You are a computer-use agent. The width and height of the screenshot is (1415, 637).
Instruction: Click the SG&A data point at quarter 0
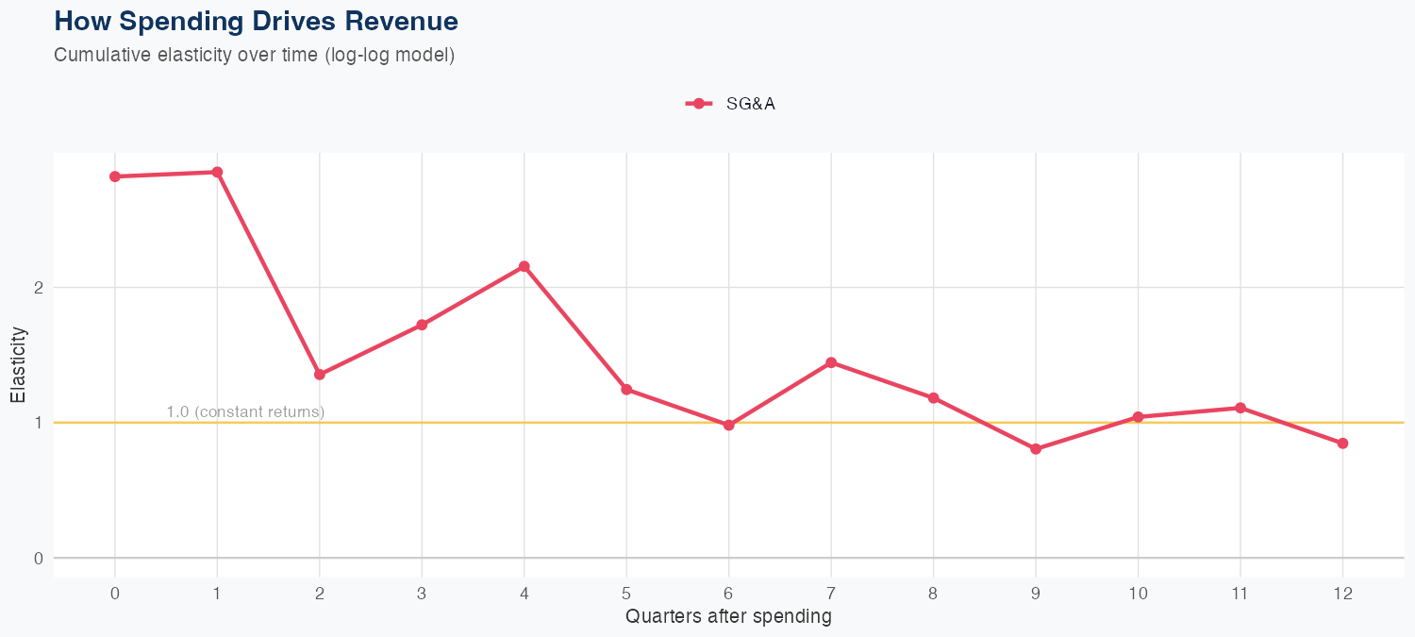click(x=115, y=176)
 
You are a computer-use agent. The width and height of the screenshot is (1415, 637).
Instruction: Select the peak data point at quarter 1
click(x=217, y=172)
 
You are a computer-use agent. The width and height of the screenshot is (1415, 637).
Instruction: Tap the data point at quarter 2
click(x=320, y=375)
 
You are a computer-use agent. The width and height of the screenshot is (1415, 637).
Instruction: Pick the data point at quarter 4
click(x=524, y=266)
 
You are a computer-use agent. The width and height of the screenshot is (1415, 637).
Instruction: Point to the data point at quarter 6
click(x=729, y=426)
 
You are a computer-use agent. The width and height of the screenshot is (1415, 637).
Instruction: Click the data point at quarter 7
click(x=831, y=362)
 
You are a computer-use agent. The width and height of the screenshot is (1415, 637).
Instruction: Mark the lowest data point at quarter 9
click(x=1036, y=449)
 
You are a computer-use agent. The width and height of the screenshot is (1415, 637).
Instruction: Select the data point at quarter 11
click(x=1240, y=408)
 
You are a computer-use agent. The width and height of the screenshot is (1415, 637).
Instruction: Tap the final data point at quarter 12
click(x=1342, y=444)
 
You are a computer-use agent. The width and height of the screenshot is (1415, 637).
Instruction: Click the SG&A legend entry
click(x=731, y=104)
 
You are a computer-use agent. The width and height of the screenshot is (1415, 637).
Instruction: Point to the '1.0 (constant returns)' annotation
click(x=245, y=412)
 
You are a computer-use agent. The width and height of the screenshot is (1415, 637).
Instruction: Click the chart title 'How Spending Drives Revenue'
click(x=257, y=21)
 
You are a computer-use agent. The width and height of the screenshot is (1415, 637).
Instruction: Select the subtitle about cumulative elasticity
click(x=255, y=55)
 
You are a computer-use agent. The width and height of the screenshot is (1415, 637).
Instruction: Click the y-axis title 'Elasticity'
click(x=18, y=364)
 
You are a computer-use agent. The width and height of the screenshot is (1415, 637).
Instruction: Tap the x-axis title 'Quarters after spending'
click(x=728, y=617)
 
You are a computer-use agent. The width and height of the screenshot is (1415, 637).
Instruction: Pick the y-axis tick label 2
click(x=39, y=288)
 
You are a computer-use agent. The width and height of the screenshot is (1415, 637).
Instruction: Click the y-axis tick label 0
click(x=39, y=558)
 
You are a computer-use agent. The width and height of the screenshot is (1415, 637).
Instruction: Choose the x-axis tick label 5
click(x=626, y=594)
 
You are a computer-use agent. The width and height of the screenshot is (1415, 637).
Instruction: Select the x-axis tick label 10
click(x=1138, y=594)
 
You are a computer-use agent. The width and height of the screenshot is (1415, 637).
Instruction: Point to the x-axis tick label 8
click(x=933, y=594)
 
